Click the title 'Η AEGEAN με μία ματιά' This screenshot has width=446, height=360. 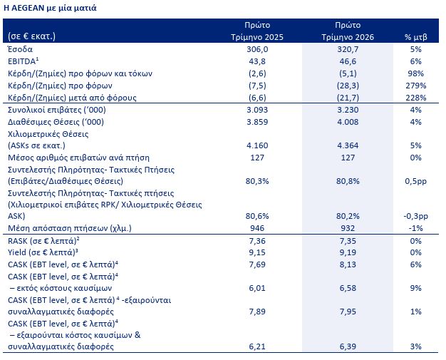coord(50,8)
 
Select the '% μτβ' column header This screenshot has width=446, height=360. coord(415,37)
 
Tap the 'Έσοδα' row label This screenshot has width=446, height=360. coord(20,49)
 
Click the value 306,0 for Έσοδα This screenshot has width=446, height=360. coord(257,49)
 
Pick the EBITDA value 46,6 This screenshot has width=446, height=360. coord(348,61)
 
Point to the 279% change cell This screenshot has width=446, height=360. coord(415,86)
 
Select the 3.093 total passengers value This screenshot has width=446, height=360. coord(257,110)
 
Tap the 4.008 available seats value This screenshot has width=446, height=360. coord(348,122)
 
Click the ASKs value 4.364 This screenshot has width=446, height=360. coord(348,145)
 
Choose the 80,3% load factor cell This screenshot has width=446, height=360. coord(257,181)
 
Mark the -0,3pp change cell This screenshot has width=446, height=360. coord(415,216)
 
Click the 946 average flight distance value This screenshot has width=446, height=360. coord(257,228)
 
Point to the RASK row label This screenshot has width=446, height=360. coord(43,241)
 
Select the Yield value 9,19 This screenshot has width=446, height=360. coord(348,252)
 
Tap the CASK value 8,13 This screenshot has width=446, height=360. coord(348,264)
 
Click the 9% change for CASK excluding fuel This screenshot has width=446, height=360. coord(415,288)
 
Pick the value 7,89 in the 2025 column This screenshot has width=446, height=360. coord(257,312)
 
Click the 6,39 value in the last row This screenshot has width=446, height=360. coord(348,346)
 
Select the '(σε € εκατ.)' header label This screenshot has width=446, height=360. coord(31,36)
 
